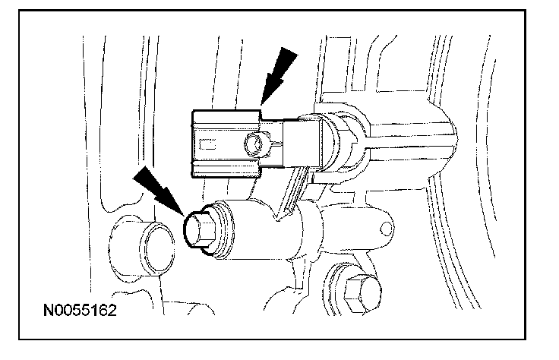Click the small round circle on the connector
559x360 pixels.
pos(256,142)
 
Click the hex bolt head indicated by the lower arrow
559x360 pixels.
pos(200,229)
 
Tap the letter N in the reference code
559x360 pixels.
pos(48,311)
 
